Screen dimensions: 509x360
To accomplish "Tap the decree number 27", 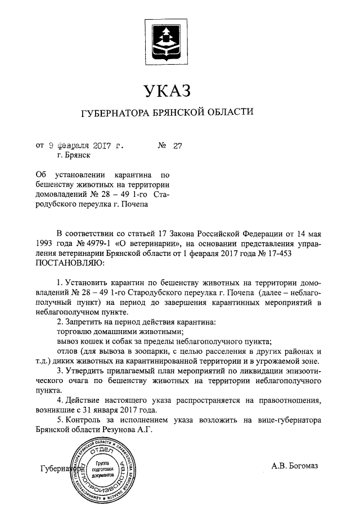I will (x=178, y=146).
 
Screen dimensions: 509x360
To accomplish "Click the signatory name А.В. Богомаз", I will (x=294, y=466).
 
